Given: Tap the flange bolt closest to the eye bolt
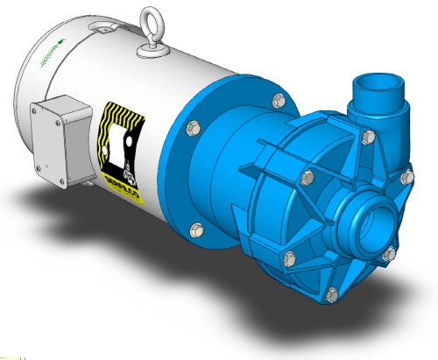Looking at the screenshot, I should (x=279, y=100).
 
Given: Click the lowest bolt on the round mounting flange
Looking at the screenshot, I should (x=195, y=231).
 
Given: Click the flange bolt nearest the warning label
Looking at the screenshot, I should (x=189, y=131).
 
